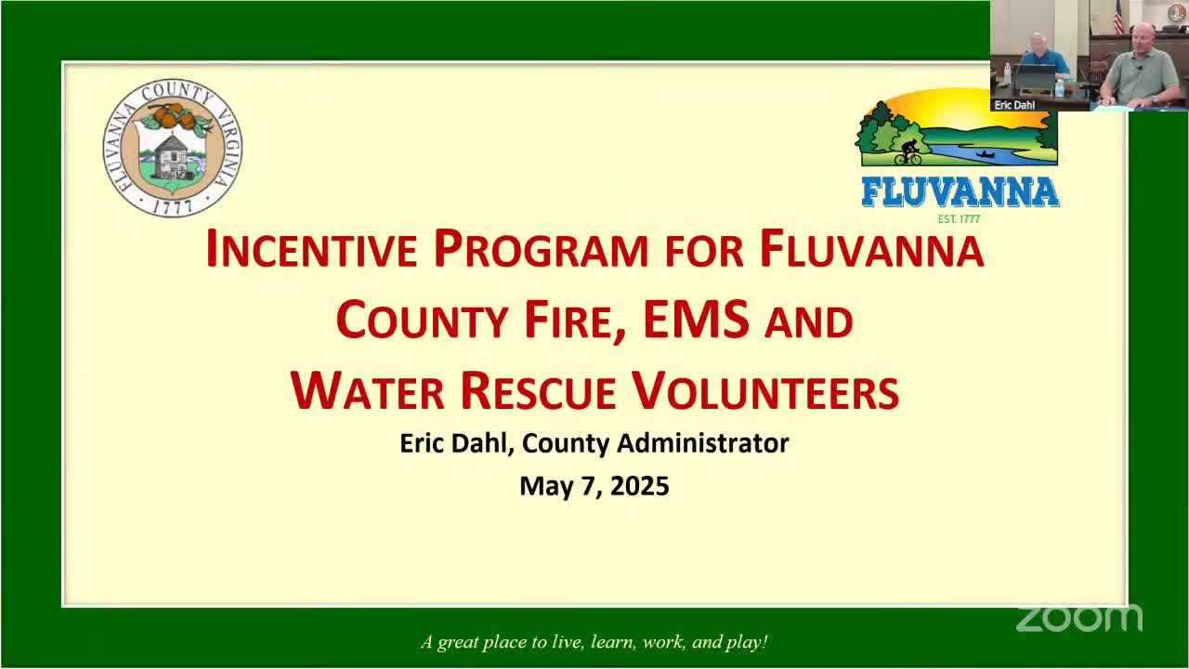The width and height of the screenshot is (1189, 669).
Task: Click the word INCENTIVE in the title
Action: tap(311, 248)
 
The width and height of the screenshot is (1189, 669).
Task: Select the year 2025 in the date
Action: tap(640, 486)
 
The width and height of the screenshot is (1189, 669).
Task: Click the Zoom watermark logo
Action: tap(1079, 619)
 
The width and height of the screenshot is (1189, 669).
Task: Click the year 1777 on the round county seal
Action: tap(173, 206)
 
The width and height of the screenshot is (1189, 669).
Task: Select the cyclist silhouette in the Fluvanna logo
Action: tap(908, 152)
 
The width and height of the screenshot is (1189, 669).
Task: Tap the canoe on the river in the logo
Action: tap(986, 155)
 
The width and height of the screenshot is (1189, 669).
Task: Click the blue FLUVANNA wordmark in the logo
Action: tap(960, 192)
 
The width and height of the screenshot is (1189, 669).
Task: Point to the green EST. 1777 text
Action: tap(959, 218)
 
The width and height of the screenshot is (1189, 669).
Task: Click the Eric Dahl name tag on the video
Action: tap(1014, 105)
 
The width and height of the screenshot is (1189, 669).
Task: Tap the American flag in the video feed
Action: tap(1118, 17)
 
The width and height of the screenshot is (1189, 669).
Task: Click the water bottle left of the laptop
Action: tap(1007, 74)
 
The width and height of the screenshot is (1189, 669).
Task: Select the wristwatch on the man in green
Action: tap(1108, 98)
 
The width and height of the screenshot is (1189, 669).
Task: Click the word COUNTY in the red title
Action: tap(422, 320)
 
